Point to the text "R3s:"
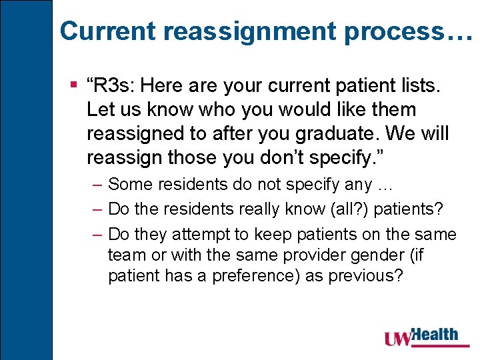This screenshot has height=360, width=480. point(114,85)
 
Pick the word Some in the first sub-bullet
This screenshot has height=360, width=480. point(127,183)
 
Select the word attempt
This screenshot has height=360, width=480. point(200,234)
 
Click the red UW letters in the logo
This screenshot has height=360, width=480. point(398,339)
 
